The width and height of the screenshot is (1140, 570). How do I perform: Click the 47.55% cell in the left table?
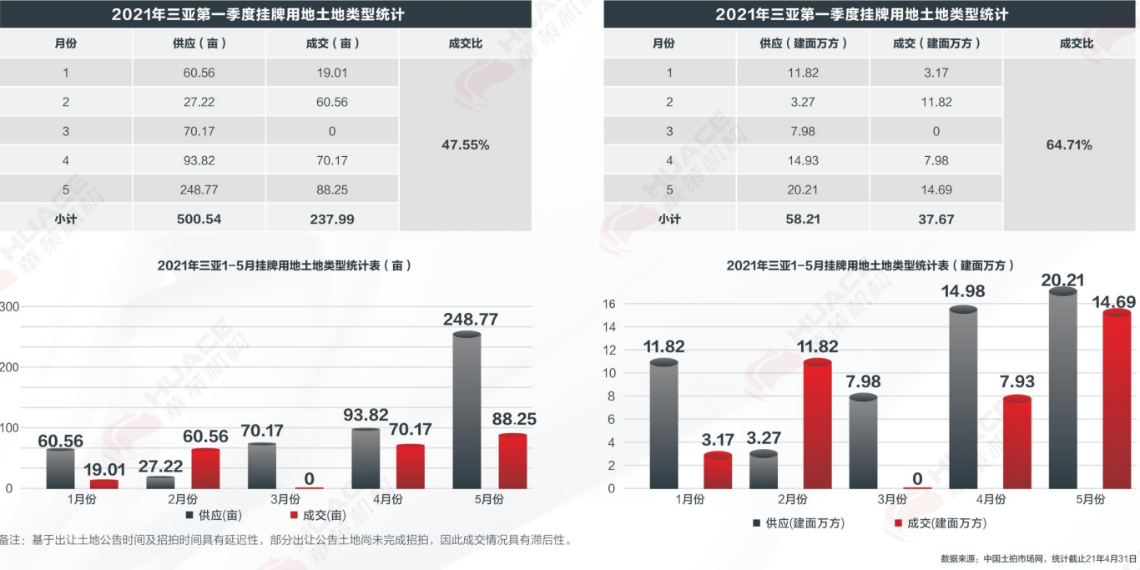point(465,145)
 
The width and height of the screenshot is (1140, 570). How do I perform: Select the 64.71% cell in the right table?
point(1069,145)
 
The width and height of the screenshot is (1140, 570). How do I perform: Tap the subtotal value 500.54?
point(199,219)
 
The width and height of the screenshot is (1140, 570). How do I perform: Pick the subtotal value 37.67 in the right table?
point(936,219)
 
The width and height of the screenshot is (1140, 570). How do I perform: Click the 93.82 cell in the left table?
point(199,160)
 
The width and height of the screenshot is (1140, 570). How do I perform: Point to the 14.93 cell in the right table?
point(803,160)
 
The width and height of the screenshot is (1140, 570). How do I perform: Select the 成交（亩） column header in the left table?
point(332,43)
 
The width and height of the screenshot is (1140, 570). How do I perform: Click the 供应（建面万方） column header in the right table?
point(803,43)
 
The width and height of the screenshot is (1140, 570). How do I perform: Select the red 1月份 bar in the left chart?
point(104,483)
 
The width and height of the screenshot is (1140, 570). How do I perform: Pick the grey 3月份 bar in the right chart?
point(864,441)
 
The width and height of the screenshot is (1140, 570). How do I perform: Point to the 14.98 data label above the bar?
point(964,291)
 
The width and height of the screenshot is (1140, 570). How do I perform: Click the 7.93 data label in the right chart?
point(1016,381)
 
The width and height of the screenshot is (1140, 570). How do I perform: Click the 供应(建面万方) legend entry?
point(799,523)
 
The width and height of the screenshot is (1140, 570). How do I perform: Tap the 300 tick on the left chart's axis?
point(9,306)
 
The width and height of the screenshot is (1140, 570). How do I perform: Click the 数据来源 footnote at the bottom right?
point(1038,558)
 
